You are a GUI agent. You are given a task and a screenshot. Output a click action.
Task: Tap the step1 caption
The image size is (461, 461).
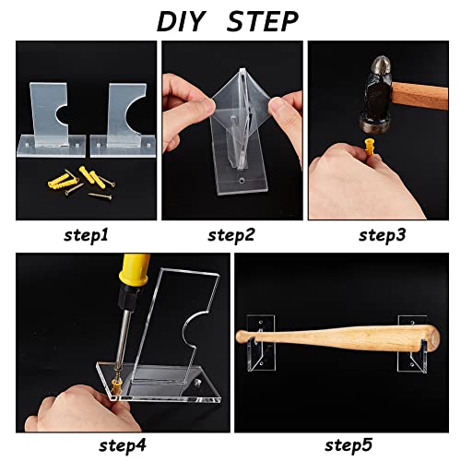click(x=85, y=235)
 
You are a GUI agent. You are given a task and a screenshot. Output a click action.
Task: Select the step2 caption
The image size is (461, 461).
click(x=231, y=235)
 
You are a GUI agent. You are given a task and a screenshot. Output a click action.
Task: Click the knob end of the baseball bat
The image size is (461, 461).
click(x=243, y=335)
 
